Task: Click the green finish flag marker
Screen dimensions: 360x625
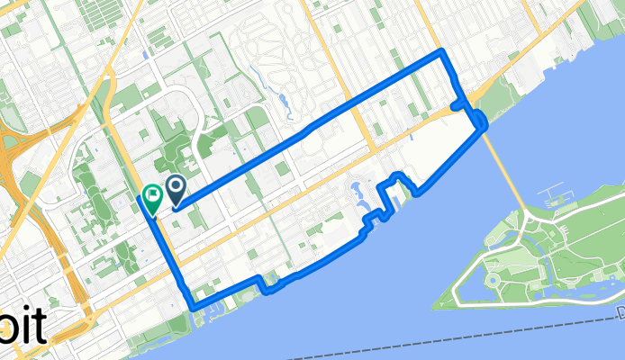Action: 152,193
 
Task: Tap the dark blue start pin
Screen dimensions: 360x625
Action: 174,187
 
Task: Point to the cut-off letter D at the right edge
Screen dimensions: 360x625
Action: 620,311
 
